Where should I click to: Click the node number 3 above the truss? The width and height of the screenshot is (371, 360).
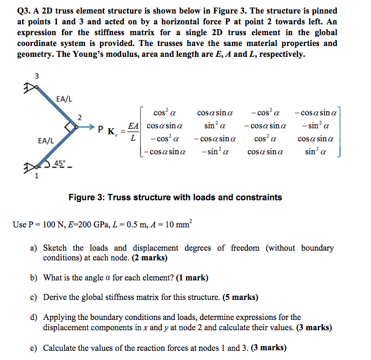pyautogui.click(x=37, y=76)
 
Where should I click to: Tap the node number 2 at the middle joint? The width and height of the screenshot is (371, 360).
pyautogui.click(x=79, y=117)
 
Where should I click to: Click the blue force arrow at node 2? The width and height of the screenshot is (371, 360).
pyautogui.click(x=86, y=128)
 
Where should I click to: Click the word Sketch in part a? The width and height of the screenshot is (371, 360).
pyautogui.click(x=55, y=248)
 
